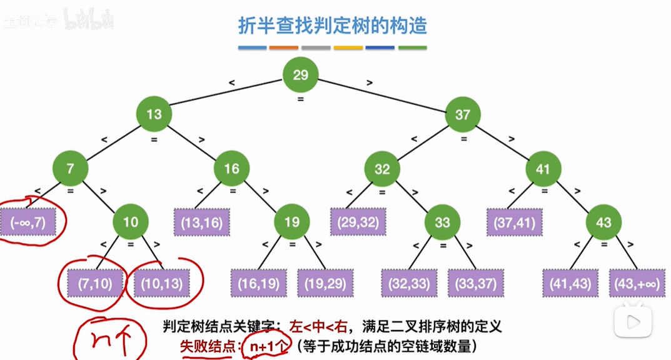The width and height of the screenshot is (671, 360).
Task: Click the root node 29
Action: (x=300, y=75)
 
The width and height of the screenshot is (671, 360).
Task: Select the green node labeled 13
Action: (x=154, y=114)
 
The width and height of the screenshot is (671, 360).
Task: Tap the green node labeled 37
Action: (x=462, y=114)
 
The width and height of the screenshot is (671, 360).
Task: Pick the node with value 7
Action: (x=69, y=169)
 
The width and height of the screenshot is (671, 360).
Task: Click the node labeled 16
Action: (x=231, y=169)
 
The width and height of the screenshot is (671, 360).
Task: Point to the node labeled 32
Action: (x=382, y=169)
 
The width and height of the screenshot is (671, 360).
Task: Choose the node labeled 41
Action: (x=542, y=169)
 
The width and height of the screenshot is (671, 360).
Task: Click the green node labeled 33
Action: (x=442, y=222)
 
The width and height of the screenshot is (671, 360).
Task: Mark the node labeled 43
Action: (x=603, y=222)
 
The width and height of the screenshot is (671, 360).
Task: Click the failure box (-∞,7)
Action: (x=28, y=222)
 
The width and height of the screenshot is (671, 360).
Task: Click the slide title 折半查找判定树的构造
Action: (x=333, y=26)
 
